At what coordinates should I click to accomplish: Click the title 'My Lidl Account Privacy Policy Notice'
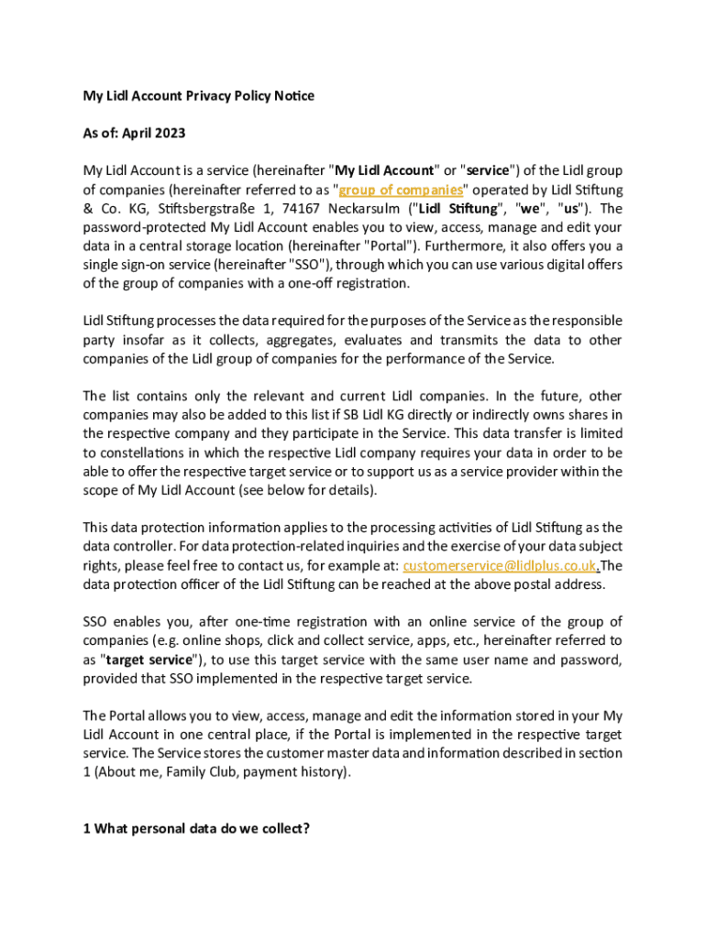click(198, 95)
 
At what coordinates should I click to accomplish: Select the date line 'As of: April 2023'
click(134, 133)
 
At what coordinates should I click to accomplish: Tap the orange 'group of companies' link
click(401, 190)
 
